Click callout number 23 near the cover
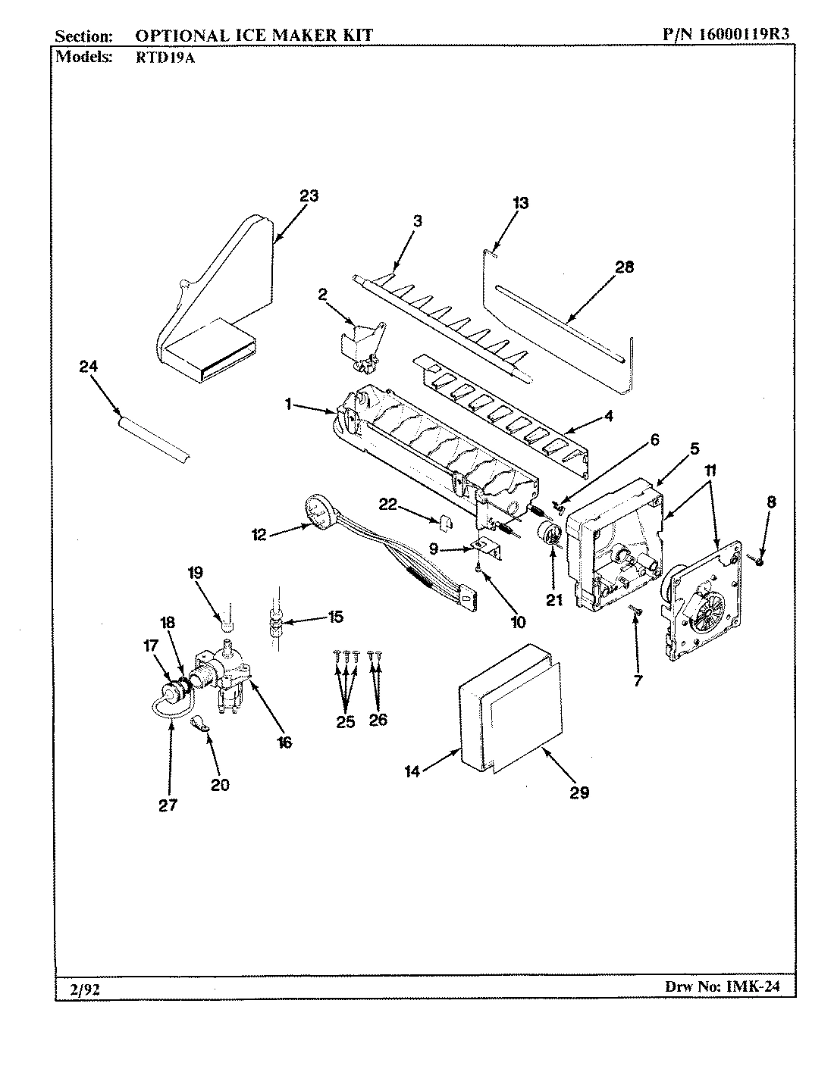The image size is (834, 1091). click(309, 195)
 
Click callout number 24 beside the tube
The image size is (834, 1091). click(89, 367)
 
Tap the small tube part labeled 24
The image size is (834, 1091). click(152, 438)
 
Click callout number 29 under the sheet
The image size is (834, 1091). click(579, 792)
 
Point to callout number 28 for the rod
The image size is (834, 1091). click(625, 267)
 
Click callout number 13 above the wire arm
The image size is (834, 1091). click(520, 203)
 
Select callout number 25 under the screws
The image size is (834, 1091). click(345, 721)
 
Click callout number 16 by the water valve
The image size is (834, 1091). click(284, 742)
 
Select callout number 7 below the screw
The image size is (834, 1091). click(637, 680)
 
